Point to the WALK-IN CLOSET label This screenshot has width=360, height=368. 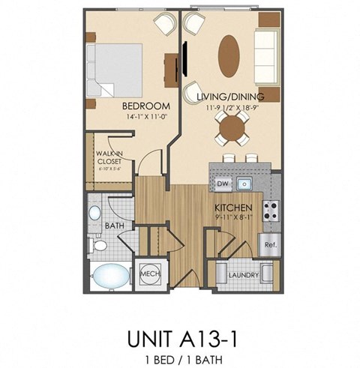click(109, 156)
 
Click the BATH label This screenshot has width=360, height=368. click(115, 224)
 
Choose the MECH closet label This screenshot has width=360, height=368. click(147, 274)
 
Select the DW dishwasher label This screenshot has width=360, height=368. click(222, 182)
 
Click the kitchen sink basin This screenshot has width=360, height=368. click(244, 182)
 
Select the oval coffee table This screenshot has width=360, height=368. click(230, 55)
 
